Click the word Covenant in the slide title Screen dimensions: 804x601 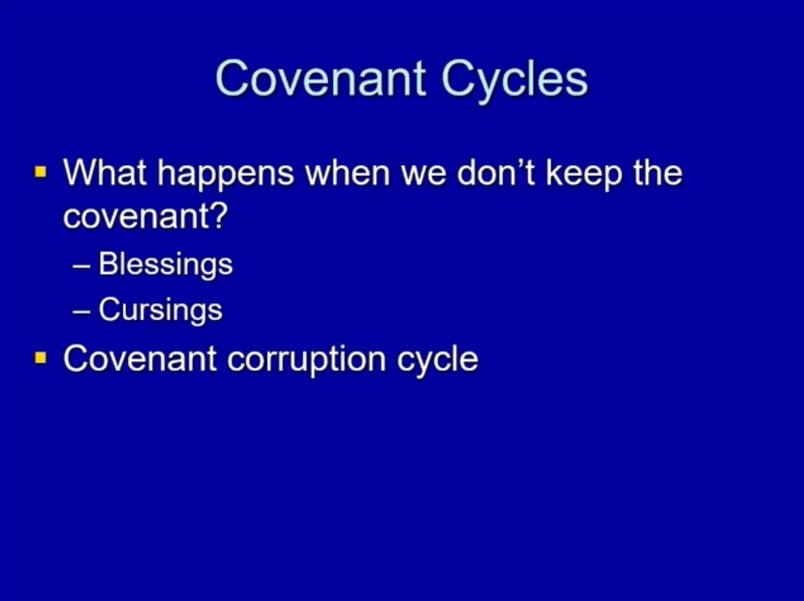(x=321, y=78)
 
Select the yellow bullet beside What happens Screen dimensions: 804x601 (x=40, y=171)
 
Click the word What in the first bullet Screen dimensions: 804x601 (x=105, y=172)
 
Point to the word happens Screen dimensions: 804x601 (x=225, y=175)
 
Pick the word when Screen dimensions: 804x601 (x=348, y=172)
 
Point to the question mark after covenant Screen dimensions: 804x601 (x=219, y=215)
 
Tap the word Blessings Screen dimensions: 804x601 (x=165, y=265)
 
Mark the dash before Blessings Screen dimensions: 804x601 (x=82, y=267)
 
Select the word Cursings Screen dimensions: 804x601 (x=160, y=311)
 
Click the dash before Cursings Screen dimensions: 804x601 (x=82, y=312)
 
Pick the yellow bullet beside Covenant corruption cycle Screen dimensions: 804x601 (x=40, y=357)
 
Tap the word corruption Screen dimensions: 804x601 (x=306, y=360)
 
